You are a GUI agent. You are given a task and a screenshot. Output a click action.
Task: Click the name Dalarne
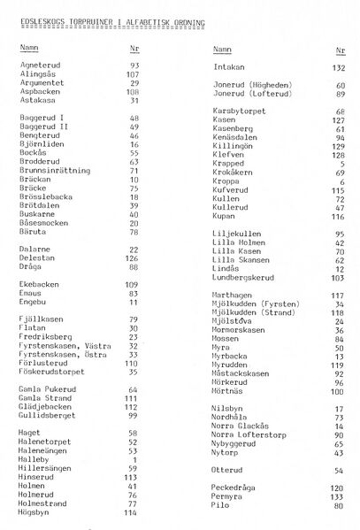pyautogui.click(x=34, y=250)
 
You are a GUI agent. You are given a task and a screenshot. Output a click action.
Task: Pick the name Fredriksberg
pyautogui.click(x=44, y=337)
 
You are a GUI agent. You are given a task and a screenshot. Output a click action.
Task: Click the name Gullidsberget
pyautogui.click(x=47, y=414)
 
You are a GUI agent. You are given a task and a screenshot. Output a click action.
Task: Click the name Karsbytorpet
pyautogui.click(x=241, y=111)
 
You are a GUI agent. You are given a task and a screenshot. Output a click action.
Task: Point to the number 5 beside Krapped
pyautogui.click(x=341, y=164)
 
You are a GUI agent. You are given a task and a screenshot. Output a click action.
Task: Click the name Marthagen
pyautogui.click(x=234, y=295)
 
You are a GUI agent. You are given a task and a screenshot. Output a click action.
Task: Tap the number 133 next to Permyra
pyautogui.click(x=337, y=496)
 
